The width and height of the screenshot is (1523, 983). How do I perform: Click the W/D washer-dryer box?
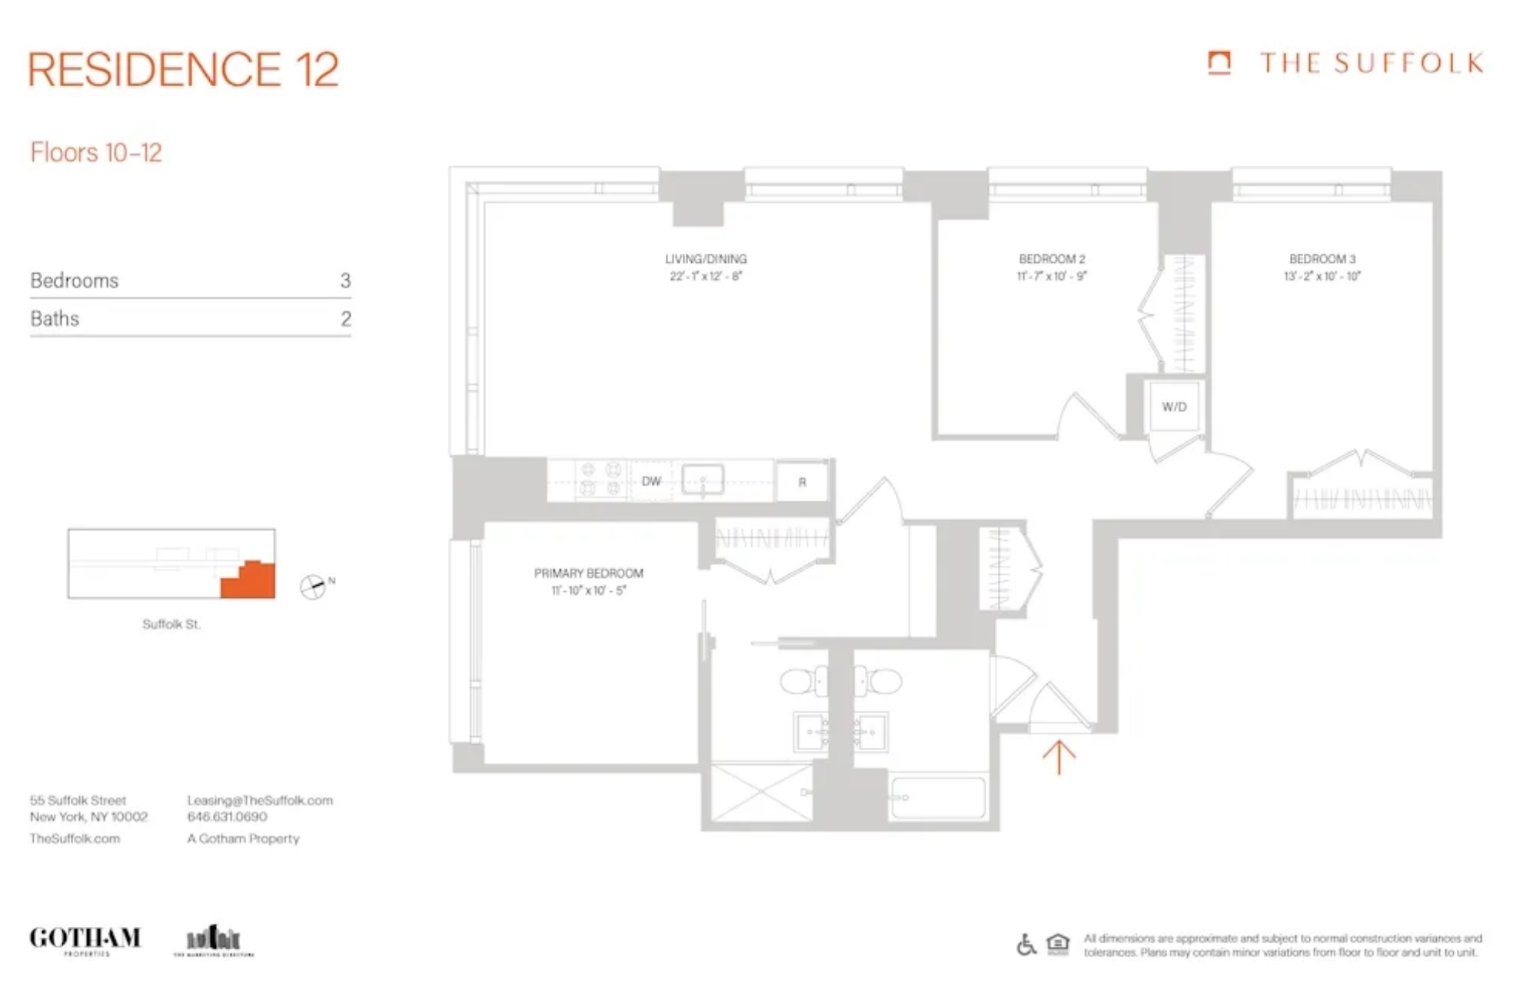tap(1173, 407)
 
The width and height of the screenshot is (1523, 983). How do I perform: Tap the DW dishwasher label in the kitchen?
tap(650, 481)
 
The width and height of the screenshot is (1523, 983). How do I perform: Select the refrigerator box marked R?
tap(802, 482)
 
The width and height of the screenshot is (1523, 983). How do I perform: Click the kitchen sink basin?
tap(703, 480)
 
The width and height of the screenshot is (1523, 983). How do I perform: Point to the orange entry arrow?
tap(1058, 757)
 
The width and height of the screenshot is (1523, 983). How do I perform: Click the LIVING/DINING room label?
tap(705, 259)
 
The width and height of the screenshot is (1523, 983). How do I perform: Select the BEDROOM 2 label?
tap(1051, 259)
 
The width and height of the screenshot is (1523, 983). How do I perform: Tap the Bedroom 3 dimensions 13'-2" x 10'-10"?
tap(1322, 276)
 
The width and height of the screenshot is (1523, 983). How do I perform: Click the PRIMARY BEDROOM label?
tap(588, 573)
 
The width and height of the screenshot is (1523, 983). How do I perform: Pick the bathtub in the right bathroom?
tap(938, 798)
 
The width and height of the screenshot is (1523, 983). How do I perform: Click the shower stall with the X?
tap(761, 792)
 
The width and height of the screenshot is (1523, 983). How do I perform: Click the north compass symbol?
tap(313, 586)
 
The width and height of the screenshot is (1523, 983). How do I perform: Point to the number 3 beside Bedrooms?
tap(345, 281)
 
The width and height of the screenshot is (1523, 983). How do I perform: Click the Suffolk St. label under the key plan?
tap(171, 624)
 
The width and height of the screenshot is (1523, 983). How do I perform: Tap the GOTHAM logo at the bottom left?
tap(85, 939)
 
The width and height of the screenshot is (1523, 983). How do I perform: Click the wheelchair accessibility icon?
tap(1026, 944)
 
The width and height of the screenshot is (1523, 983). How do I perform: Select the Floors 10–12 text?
tap(96, 153)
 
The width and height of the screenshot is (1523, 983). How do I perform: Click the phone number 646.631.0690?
tap(227, 817)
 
